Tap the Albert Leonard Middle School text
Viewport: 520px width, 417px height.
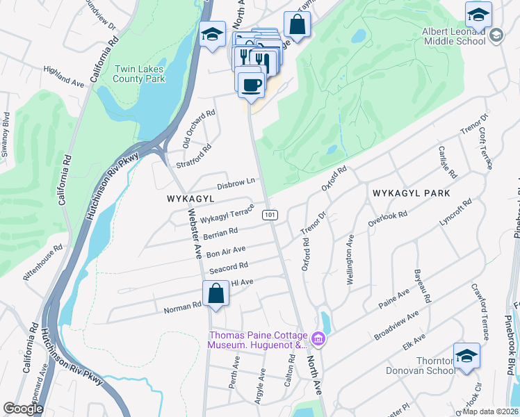pos(454,36)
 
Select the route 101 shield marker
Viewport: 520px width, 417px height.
pos(270,215)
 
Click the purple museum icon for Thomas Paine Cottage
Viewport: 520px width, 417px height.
pos(319,340)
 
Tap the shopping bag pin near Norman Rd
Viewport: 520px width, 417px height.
pos(216,293)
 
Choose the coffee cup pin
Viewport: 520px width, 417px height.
pos(250,85)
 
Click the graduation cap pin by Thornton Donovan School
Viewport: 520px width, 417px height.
pos(466,355)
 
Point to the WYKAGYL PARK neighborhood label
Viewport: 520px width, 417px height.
pos(411,193)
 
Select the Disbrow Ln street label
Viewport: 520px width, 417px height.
pos(236,183)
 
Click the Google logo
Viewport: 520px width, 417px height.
pos(23,409)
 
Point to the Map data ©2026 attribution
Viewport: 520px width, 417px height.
pos(489,411)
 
